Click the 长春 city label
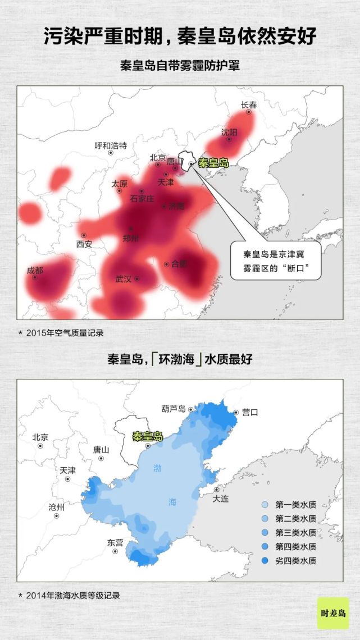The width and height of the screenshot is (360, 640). coord(249,104)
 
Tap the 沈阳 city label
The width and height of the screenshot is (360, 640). coord(229,132)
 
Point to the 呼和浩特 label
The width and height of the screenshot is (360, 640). coord(111,145)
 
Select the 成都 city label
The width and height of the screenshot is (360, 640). coord(34,270)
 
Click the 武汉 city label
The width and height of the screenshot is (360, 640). coord(124,278)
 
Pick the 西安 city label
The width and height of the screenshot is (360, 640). coord(84,244)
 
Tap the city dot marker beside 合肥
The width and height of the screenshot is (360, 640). coord(166,264)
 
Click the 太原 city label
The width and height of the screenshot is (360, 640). coord(119,184)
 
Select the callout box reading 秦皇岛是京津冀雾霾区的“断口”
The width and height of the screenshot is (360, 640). coord(275,259)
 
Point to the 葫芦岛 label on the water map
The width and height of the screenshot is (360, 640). coord(174,409)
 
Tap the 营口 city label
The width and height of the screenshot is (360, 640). coord(249,412)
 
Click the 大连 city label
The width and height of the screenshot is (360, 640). coord(221,499)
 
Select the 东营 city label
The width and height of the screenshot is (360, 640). coord(115,543)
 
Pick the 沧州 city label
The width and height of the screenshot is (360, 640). coord(56,508)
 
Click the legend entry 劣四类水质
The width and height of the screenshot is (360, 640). coord(295,560)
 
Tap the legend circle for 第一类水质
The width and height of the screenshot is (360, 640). coord(265,505)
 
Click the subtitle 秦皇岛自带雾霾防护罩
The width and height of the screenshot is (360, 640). coord(180,65)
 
